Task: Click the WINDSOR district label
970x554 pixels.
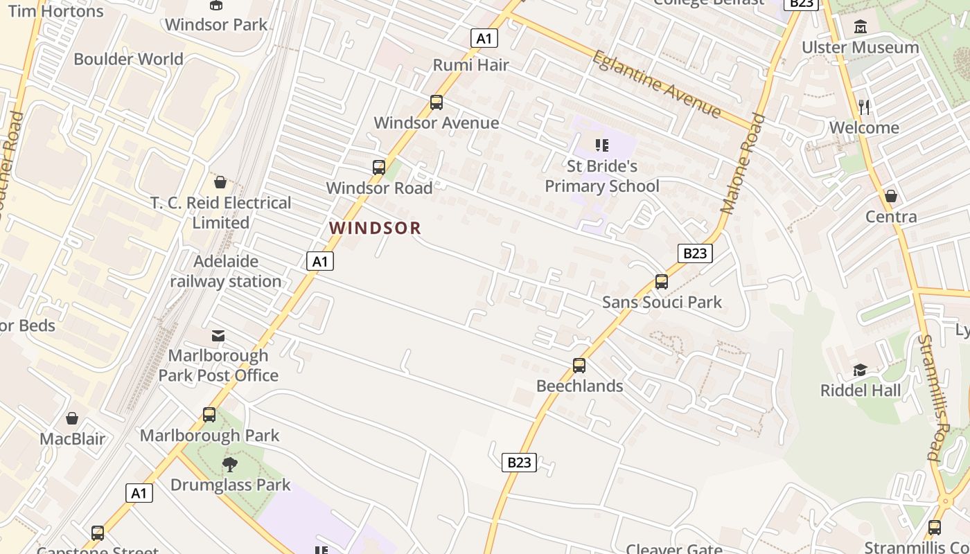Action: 375,228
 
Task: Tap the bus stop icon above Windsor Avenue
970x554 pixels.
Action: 436,102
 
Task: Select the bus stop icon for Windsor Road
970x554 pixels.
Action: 378,168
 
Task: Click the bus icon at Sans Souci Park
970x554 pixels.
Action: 662,282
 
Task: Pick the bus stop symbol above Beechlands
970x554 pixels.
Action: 579,366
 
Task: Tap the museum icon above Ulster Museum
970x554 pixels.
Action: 861,27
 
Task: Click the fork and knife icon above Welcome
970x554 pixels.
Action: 864,107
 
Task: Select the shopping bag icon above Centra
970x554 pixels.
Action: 891,196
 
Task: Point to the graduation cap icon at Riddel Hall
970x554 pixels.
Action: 861,370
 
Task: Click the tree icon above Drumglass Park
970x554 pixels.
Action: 230,464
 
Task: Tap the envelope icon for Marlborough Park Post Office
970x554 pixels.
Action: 218,336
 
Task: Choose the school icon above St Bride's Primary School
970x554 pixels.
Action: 601,145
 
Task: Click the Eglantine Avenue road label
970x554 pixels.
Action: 655,84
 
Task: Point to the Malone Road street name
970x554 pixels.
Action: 742,164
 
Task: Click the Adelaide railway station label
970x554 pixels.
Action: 226,271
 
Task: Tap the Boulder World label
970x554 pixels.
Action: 129,59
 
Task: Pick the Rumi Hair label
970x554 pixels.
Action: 471,65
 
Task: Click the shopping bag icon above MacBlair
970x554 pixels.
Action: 72,418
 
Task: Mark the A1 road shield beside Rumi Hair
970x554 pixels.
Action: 484,38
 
